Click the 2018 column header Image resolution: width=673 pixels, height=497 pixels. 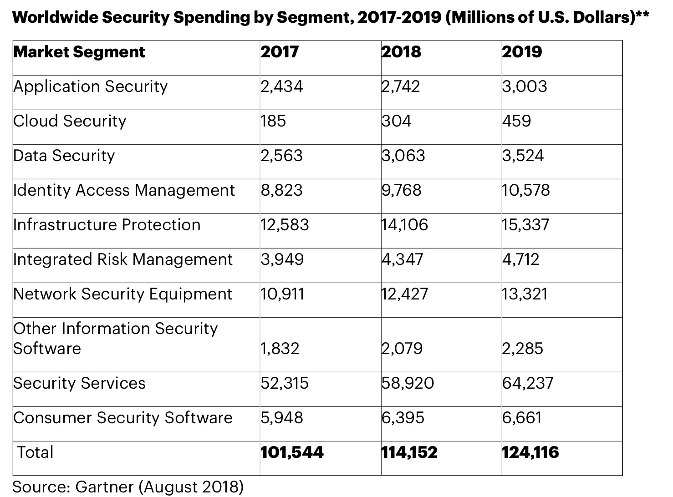click(x=401, y=52)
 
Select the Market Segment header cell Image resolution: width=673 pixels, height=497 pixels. click(x=79, y=52)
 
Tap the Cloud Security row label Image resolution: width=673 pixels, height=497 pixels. click(x=70, y=121)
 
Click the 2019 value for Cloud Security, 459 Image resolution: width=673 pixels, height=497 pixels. click(x=517, y=121)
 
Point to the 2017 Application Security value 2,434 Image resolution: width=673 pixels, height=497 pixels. click(x=281, y=86)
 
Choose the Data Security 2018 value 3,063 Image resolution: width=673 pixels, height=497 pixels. click(x=403, y=156)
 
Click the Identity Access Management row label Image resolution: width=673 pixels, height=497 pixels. click(x=124, y=190)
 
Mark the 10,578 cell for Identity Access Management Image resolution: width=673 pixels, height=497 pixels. click(x=526, y=190)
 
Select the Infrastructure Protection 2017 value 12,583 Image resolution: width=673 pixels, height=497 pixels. click(x=285, y=225)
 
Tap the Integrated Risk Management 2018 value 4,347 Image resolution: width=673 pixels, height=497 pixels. click(x=403, y=259)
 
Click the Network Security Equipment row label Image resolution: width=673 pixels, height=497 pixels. click(x=123, y=294)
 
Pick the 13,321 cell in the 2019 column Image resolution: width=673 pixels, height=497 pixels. click(x=525, y=294)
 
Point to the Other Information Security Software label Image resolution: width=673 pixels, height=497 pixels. click(x=116, y=339)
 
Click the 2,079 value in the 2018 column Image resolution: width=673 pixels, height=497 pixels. click(x=403, y=349)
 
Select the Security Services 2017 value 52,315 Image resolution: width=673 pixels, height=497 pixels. click(x=285, y=383)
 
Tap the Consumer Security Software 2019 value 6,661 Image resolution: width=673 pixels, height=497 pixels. click(x=522, y=418)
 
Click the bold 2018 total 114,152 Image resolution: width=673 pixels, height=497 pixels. click(x=409, y=452)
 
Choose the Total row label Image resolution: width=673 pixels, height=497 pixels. click(x=35, y=452)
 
